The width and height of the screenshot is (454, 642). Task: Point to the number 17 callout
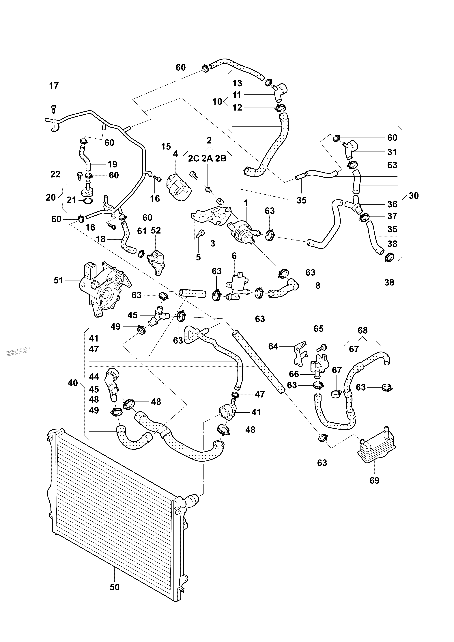click(x=54, y=86)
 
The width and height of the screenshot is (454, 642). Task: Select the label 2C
click(x=193, y=158)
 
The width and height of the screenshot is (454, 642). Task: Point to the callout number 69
click(x=374, y=480)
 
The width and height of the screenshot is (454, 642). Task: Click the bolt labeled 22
click(x=79, y=176)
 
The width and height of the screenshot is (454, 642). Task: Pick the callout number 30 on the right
click(x=413, y=196)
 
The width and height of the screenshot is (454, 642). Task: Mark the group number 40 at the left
click(x=73, y=383)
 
